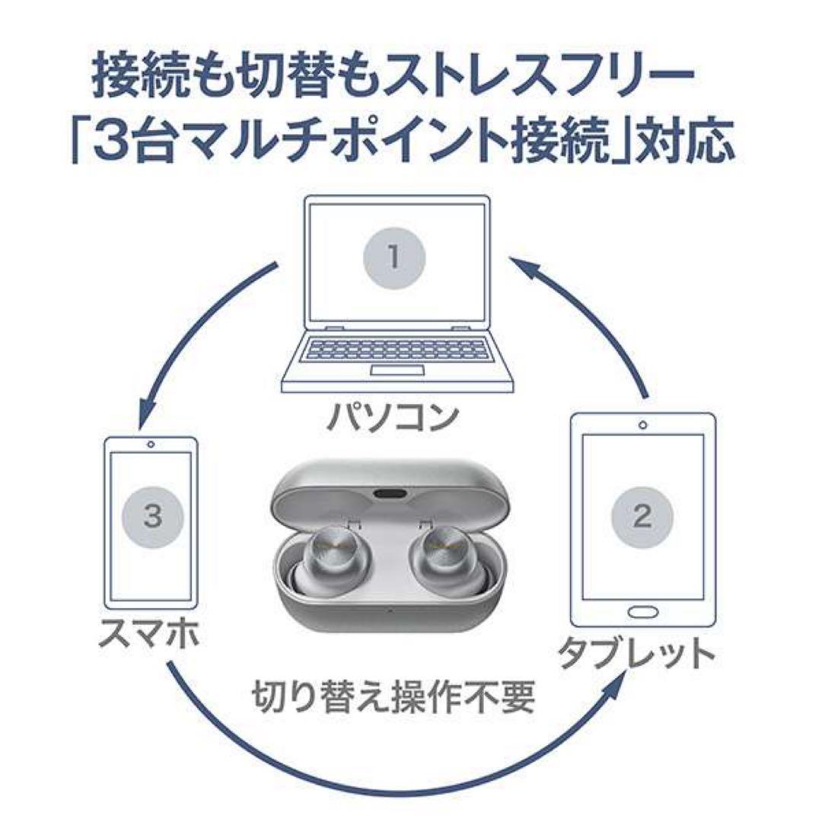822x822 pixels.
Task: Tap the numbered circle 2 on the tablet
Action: [x=642, y=518]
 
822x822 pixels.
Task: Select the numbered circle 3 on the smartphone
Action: [x=152, y=518]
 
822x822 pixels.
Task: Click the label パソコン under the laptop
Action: [x=393, y=417]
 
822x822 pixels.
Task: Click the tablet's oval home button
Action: [x=642, y=612]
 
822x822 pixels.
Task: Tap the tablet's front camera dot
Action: [x=643, y=425]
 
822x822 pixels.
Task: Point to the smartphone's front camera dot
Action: [x=152, y=444]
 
